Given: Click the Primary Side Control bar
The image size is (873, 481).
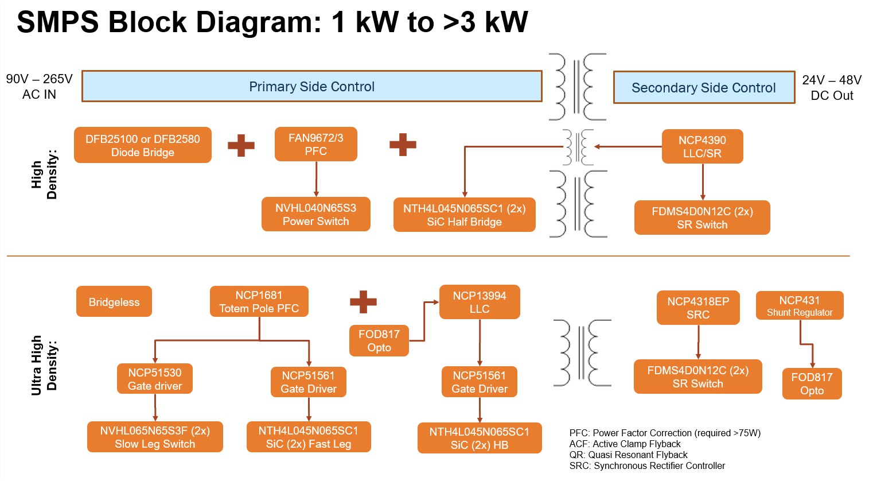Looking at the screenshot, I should pyautogui.click(x=311, y=87).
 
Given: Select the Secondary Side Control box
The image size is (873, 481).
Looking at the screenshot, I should pyautogui.click(x=703, y=88).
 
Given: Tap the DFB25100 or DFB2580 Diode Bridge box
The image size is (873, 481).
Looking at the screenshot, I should pyautogui.click(x=142, y=145).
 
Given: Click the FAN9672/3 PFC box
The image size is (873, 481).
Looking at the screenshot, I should pyautogui.click(x=315, y=144).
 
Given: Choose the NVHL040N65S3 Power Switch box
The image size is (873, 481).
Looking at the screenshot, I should pyautogui.click(x=315, y=214).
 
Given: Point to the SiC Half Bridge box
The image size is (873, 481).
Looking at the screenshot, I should pyautogui.click(x=464, y=215).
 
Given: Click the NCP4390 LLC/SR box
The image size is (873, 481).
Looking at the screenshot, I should pyautogui.click(x=702, y=146).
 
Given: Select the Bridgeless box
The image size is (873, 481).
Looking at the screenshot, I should pyautogui.click(x=114, y=302).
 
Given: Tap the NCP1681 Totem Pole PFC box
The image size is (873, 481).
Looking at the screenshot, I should pyautogui.click(x=259, y=301).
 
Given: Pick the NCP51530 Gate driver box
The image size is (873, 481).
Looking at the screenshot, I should pyautogui.click(x=154, y=379).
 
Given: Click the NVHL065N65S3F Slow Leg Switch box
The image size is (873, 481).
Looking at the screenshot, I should pyautogui.click(x=155, y=437).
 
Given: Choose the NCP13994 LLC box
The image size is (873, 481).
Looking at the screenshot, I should pyautogui.click(x=479, y=302).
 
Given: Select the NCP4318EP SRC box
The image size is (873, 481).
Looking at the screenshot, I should pyautogui.click(x=697, y=308).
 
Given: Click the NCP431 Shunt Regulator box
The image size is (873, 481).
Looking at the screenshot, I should pyautogui.click(x=799, y=305).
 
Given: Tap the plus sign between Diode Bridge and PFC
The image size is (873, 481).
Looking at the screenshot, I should pyautogui.click(x=241, y=145).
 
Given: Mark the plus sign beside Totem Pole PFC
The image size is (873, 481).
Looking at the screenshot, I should pyautogui.click(x=363, y=302).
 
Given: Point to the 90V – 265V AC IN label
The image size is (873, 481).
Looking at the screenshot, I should pyautogui.click(x=39, y=87).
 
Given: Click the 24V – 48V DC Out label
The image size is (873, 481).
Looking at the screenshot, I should pyautogui.click(x=831, y=88).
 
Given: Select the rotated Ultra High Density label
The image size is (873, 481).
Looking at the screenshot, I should pyautogui.click(x=44, y=365).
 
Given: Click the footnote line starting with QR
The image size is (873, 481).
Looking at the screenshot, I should pyautogui.click(x=628, y=455).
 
